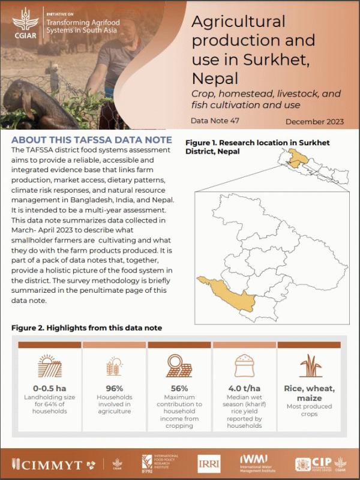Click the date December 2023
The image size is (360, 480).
point(314,121)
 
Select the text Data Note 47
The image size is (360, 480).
point(215,121)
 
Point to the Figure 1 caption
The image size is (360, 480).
point(257,147)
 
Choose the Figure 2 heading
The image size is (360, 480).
point(86,328)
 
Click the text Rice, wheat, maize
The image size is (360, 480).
point(310,392)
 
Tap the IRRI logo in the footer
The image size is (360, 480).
point(209,463)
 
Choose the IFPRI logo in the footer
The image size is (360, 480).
point(158,463)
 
